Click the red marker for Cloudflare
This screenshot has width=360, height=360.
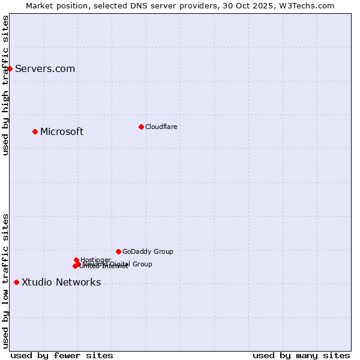tap(141, 127)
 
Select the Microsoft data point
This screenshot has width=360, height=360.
tap(35, 131)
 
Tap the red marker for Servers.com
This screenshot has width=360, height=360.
tap(10, 68)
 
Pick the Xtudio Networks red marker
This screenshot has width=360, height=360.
tap(16, 282)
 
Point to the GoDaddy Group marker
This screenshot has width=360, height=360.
tap(118, 251)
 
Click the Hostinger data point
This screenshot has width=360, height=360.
tap(76, 260)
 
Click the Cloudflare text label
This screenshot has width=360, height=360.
tap(161, 127)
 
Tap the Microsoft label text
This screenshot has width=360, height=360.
tap(62, 132)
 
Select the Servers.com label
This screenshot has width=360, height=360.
tap(45, 69)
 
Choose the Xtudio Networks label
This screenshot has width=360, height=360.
tap(61, 283)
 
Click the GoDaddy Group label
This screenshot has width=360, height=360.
tap(148, 252)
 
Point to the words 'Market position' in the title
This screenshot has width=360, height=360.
tap(53, 5)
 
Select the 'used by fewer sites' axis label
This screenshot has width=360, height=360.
tap(62, 355)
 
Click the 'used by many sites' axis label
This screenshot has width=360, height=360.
tap(301, 355)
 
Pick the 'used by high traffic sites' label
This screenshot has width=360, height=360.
tap(5, 85)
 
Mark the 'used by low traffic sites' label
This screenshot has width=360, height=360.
tap(5, 281)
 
